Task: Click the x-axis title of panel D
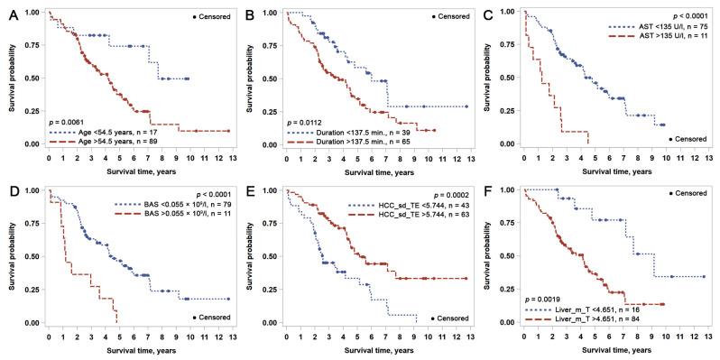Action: (132, 349)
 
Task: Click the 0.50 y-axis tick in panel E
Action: (265, 257)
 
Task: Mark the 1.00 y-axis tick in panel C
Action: (503, 13)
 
